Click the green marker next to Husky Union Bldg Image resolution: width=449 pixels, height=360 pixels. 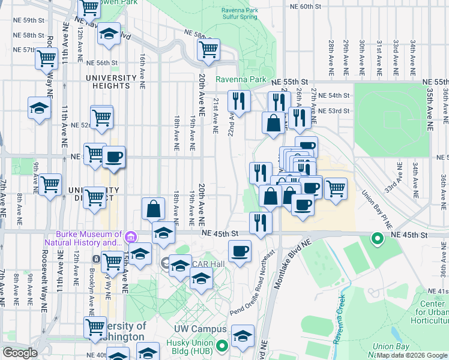221,345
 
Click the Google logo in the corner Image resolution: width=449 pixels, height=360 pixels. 19,353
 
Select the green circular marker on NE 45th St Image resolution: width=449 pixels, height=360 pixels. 377,239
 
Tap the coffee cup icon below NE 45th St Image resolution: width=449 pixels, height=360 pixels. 240,250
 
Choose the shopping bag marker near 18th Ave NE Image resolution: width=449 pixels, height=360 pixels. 154,209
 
